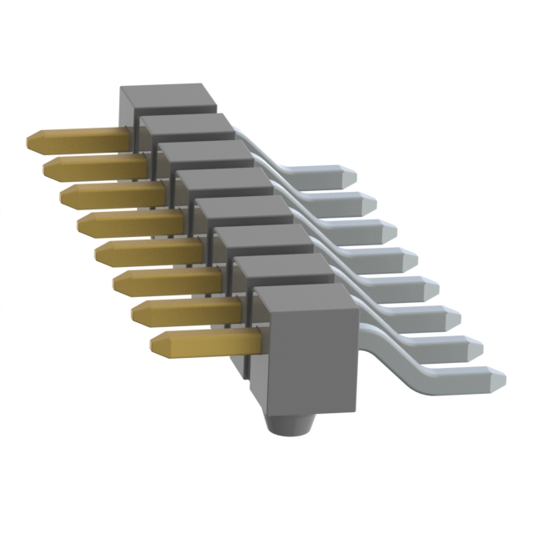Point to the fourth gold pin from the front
(146, 251)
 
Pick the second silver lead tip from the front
(476, 345)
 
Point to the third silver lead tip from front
(456, 315)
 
